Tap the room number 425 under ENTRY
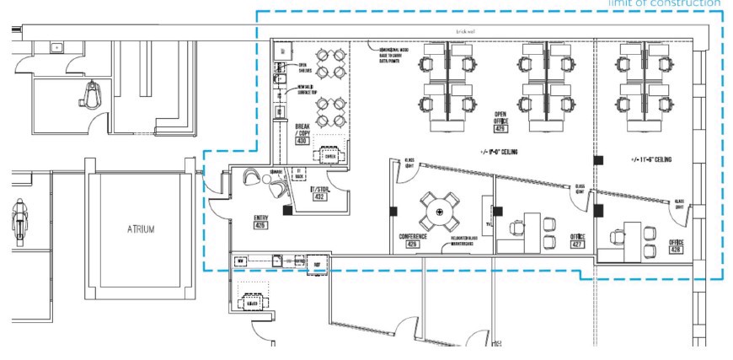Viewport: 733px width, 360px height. [x=260, y=226]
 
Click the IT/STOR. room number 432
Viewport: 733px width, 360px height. [x=319, y=196]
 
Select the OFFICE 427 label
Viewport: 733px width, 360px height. [x=577, y=241]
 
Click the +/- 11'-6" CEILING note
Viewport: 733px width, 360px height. [x=650, y=159]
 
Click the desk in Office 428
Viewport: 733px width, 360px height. [x=633, y=234]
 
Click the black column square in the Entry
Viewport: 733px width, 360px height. [x=288, y=210]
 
